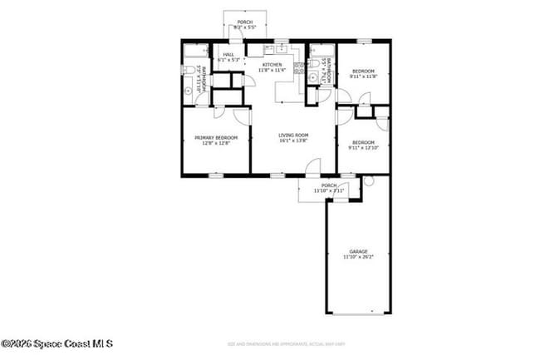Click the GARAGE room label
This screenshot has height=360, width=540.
[358, 251]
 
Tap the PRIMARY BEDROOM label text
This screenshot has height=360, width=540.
[215, 137]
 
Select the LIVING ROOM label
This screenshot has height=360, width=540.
[293, 135]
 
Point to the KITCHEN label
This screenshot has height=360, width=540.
[272, 64]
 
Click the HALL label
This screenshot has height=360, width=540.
[228, 55]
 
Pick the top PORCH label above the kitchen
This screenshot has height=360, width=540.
[244, 22]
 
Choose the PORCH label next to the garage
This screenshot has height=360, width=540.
[329, 185]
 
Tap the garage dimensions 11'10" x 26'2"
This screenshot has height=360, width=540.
[358, 257]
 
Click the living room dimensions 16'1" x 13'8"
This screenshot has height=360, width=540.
[293, 141]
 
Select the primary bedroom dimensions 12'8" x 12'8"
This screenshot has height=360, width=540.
[215, 143]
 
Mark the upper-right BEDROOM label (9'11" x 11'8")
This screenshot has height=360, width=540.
[364, 72]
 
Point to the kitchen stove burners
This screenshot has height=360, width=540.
[298, 68]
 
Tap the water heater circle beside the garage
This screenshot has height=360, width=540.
[369, 180]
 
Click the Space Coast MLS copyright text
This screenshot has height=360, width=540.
[56, 343]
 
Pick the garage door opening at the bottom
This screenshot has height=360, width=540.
[358, 313]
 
